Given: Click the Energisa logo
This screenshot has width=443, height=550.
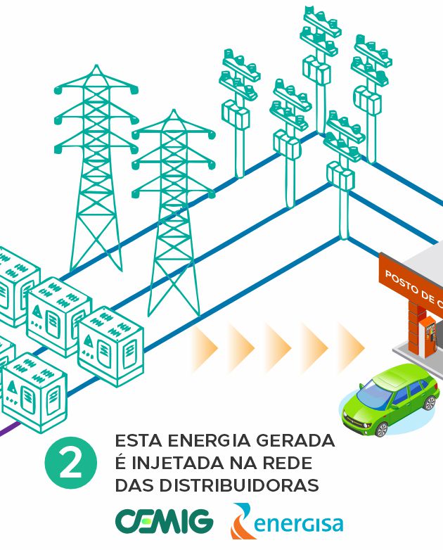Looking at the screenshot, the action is pyautogui.click(x=287, y=521).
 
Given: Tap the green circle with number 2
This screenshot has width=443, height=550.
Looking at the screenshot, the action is pyautogui.click(x=71, y=463).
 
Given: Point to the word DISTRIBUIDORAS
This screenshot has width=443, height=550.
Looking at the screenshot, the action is pyautogui.click(x=239, y=485).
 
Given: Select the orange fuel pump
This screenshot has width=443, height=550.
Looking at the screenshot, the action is pyautogui.click(x=428, y=337).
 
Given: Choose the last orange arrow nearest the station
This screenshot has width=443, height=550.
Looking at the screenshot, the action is pyautogui.click(x=351, y=347).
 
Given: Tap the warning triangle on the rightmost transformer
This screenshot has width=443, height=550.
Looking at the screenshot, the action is pyautogui.click(x=88, y=340).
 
